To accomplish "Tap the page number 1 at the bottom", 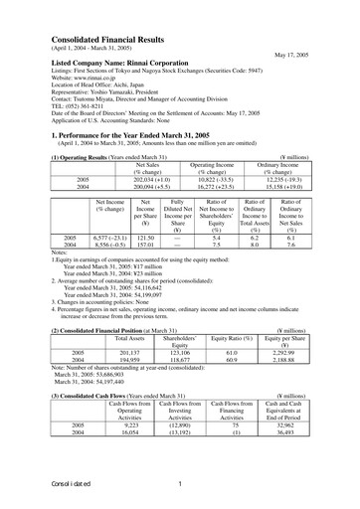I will (179, 484).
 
